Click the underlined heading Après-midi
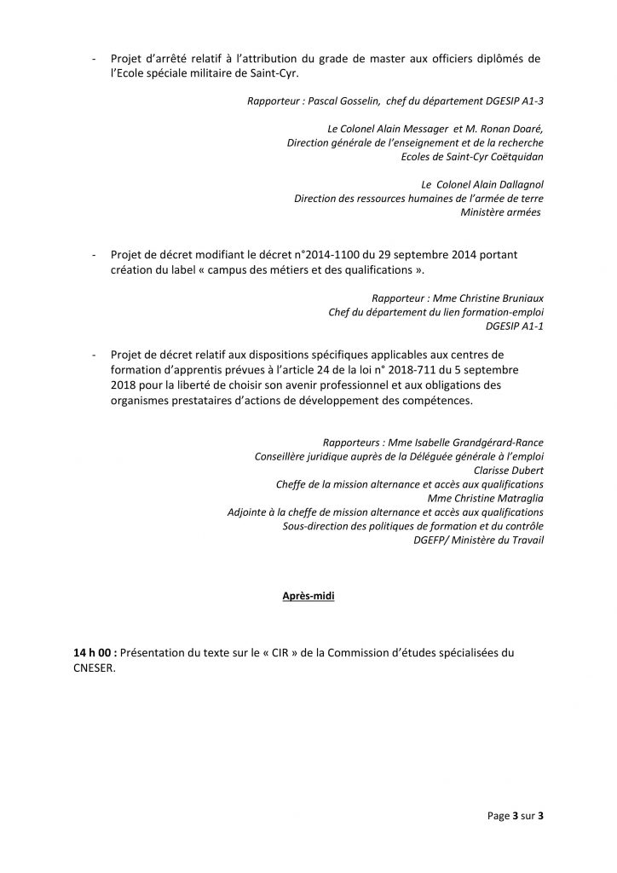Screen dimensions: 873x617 point(308,598)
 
